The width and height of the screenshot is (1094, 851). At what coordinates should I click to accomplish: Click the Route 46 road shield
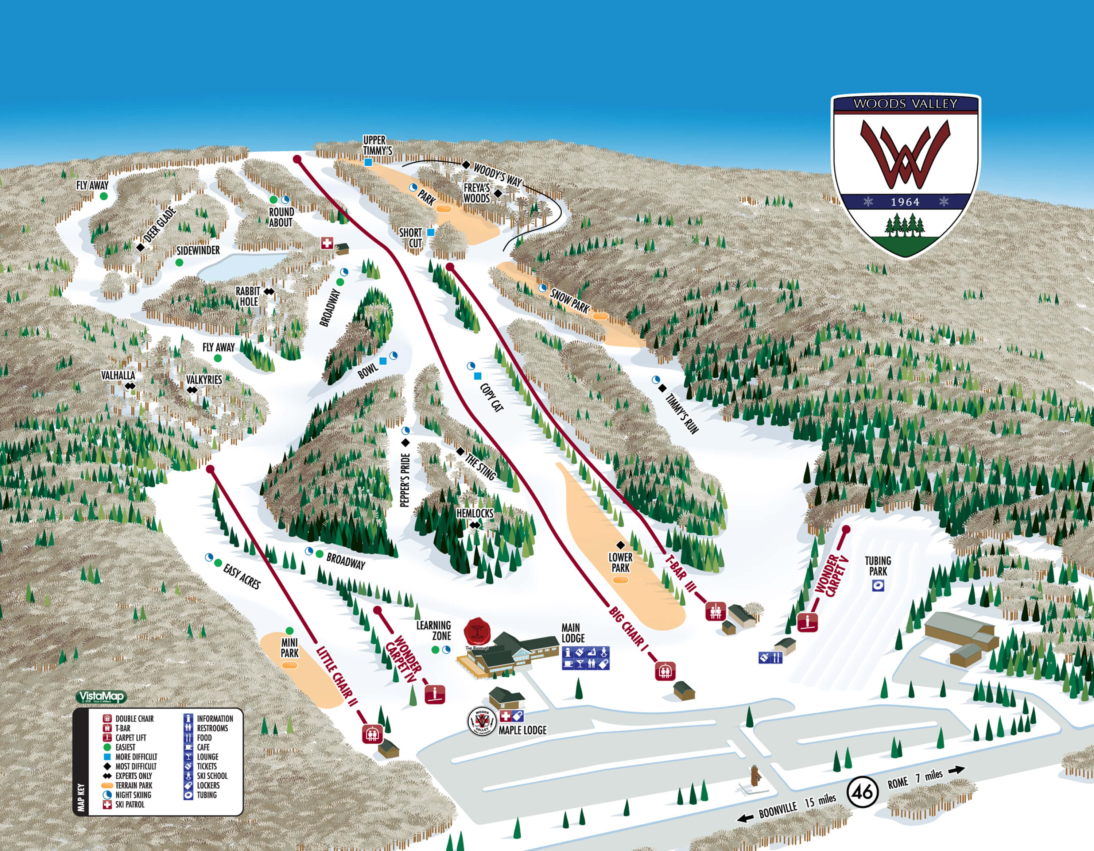[862, 792]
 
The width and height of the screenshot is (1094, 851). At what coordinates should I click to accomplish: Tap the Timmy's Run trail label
[682, 413]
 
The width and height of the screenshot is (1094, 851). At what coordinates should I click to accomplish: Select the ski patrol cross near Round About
[327, 243]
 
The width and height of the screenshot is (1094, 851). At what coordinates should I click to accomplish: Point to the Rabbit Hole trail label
[248, 296]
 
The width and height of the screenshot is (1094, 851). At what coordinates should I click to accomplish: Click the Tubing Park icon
[878, 585]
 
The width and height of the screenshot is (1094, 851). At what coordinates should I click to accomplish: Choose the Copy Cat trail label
[492, 397]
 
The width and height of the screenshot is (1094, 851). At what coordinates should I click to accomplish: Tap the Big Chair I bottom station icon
[665, 671]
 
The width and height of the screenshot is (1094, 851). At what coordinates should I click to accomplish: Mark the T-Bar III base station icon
[716, 611]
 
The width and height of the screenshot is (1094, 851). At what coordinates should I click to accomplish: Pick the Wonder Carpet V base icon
[807, 622]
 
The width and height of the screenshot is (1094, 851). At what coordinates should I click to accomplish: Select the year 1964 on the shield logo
[905, 202]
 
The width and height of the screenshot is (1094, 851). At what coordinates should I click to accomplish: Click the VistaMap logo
[101, 697]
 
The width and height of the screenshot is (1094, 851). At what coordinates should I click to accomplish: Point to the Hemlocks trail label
[474, 513]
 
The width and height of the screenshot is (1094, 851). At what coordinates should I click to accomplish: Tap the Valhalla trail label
[118, 376]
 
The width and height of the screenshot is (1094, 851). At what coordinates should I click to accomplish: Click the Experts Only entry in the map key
[133, 776]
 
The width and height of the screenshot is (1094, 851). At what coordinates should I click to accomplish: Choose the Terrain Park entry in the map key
[133, 785]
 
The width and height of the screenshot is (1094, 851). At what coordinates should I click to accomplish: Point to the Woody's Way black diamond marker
[466, 165]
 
